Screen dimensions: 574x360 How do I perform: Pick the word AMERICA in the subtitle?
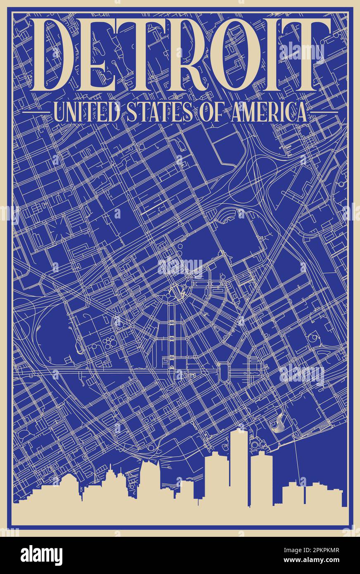[268, 112]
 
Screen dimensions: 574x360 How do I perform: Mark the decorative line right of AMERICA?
[324, 112]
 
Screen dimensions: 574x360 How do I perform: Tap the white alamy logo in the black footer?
[41, 556]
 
